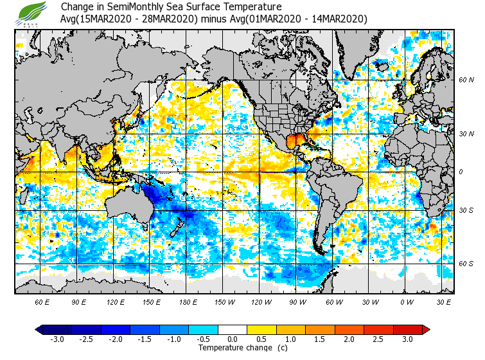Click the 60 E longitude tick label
coord(42,302)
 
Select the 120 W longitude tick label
coord(261,302)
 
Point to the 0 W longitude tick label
coord(407,302)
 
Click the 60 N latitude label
coord(466,80)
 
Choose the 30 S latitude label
coord(466,211)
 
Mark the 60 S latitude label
coord(466,264)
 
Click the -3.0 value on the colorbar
coord(57,339)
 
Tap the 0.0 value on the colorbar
coord(233,339)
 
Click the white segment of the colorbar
coord(233,330)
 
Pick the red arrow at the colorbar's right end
coord(425,330)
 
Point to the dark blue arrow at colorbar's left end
coord(39,330)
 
